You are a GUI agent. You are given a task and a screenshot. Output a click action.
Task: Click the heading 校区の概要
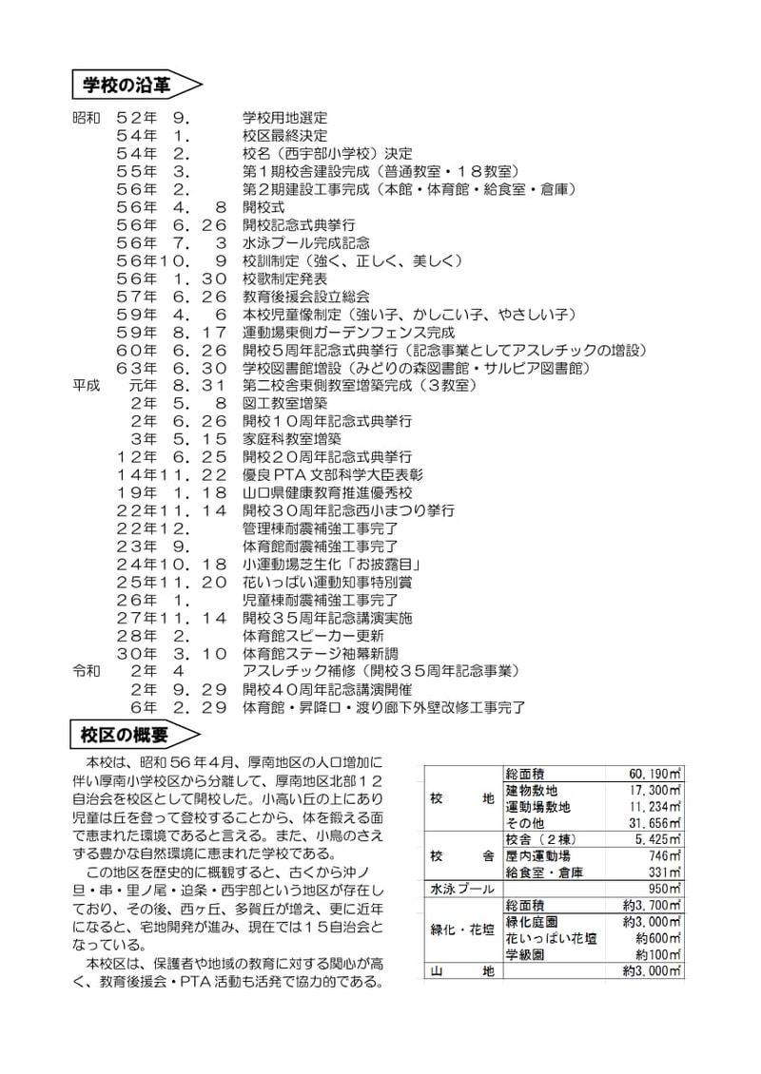[126, 735]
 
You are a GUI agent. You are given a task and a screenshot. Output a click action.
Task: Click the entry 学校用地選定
[285, 118]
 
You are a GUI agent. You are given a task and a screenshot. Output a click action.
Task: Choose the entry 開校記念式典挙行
[299, 224]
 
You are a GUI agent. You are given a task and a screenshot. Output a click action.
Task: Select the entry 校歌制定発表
[285, 278]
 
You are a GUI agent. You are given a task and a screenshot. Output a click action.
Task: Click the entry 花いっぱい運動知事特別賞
[327, 582]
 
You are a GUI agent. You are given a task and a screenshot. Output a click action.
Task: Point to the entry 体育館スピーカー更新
[313, 635]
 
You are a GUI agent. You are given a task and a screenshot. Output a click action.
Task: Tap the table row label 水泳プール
[462, 889]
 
